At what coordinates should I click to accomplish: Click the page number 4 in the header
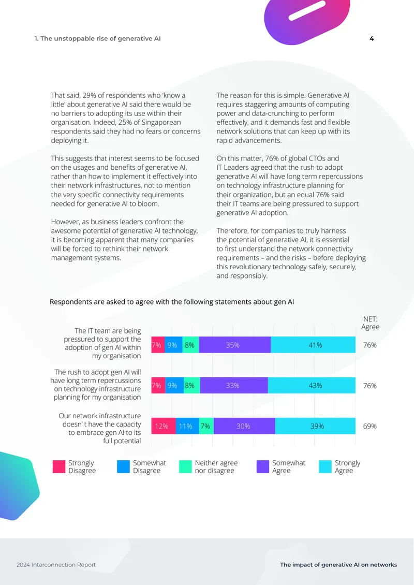(x=372, y=38)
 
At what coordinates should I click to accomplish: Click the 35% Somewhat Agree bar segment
(x=234, y=345)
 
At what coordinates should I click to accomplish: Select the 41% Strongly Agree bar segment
(x=313, y=345)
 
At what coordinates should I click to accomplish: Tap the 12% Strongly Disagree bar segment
(x=164, y=426)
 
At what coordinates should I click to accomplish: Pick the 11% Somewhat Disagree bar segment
(x=187, y=426)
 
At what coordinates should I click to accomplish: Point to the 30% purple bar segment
(x=244, y=426)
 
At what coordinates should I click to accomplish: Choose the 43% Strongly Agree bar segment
(x=312, y=385)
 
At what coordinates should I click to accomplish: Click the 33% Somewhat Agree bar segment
(x=234, y=385)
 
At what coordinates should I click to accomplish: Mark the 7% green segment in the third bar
(x=206, y=426)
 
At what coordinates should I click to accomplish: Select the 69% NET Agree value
(x=370, y=426)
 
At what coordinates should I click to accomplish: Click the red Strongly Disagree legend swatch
(x=59, y=467)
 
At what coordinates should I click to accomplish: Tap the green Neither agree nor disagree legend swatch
(x=185, y=467)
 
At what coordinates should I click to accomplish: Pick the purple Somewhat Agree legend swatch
(x=263, y=467)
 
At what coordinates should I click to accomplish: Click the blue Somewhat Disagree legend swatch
(x=124, y=467)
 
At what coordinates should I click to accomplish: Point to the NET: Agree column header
(x=371, y=323)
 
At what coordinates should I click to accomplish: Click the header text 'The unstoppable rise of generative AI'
(x=100, y=38)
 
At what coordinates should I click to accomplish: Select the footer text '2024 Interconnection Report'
(x=56, y=565)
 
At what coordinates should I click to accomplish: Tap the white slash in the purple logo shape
(x=307, y=10)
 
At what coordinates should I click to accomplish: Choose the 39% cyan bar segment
(x=315, y=426)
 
